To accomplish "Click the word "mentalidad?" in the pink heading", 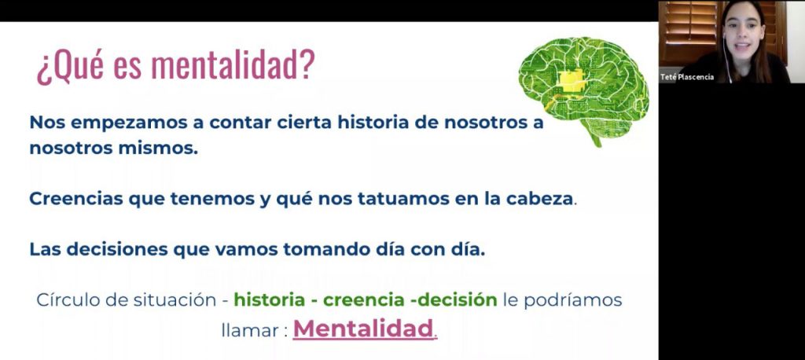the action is click(233, 65).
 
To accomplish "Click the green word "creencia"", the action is click(364, 300).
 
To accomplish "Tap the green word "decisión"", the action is click(457, 300).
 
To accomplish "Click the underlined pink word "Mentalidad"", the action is click(363, 329).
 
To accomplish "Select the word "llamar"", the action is click(250, 329).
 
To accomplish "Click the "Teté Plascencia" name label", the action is click(687, 77).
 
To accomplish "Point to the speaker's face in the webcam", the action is click(742, 33).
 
